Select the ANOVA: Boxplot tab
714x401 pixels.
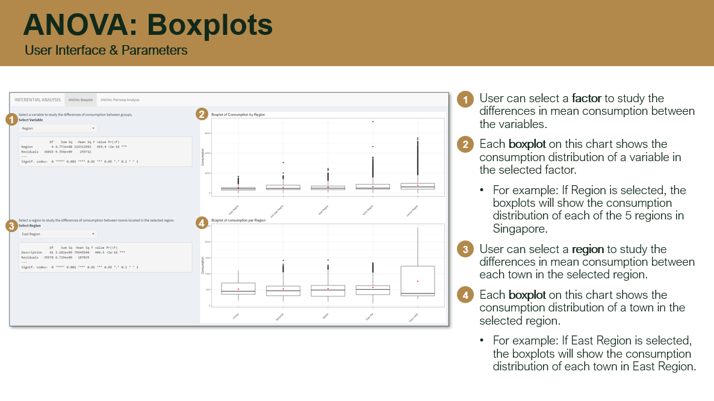tap(81, 99)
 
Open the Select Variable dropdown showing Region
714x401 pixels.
tap(58, 128)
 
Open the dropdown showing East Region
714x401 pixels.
tap(58, 234)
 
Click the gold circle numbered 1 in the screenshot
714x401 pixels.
tap(11, 119)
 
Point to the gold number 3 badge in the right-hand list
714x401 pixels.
tap(465, 249)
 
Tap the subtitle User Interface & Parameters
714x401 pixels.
tap(106, 51)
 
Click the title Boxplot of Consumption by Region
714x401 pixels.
tap(238, 114)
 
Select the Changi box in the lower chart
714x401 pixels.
tap(238, 289)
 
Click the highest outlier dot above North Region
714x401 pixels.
tap(373, 122)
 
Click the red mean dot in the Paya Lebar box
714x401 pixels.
tap(417, 281)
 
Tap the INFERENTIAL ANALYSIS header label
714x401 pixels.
tap(38, 99)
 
